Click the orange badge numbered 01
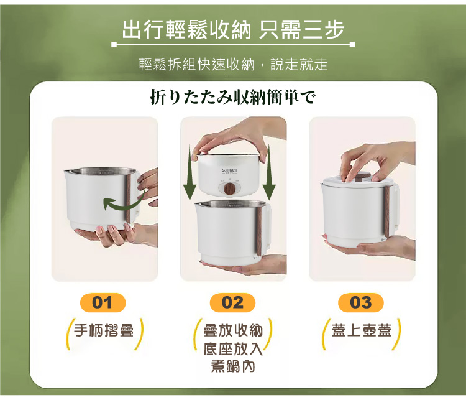(x=103, y=303)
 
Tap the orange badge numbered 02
(x=232, y=303)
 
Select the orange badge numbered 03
(x=361, y=303)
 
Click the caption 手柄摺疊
(x=104, y=330)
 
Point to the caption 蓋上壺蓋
(x=362, y=330)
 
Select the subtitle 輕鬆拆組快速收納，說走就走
(x=232, y=65)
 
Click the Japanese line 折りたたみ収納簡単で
(x=233, y=97)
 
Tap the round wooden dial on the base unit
(x=231, y=187)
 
